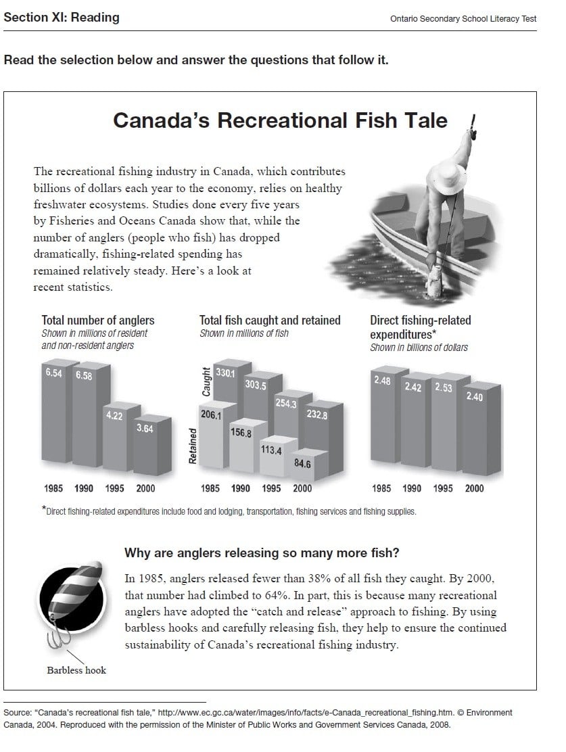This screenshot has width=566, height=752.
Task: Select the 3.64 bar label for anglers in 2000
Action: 145,428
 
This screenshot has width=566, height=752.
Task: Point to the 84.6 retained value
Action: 302,464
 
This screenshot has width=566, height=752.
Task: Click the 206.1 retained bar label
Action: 210,415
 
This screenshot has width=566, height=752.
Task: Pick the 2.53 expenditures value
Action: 444,387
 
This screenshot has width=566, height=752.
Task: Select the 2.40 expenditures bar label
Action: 475,397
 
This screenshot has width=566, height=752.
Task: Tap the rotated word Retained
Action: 193,446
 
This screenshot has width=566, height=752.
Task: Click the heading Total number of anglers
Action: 98,321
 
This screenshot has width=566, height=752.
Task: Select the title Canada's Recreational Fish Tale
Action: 280,120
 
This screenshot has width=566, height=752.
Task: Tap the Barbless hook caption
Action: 76,670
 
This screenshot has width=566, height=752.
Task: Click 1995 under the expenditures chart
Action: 443,488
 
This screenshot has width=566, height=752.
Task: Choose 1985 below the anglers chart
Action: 54,488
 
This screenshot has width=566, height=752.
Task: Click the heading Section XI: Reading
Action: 62,18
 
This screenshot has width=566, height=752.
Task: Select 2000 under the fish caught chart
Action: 302,488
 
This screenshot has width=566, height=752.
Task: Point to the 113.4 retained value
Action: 271,450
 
